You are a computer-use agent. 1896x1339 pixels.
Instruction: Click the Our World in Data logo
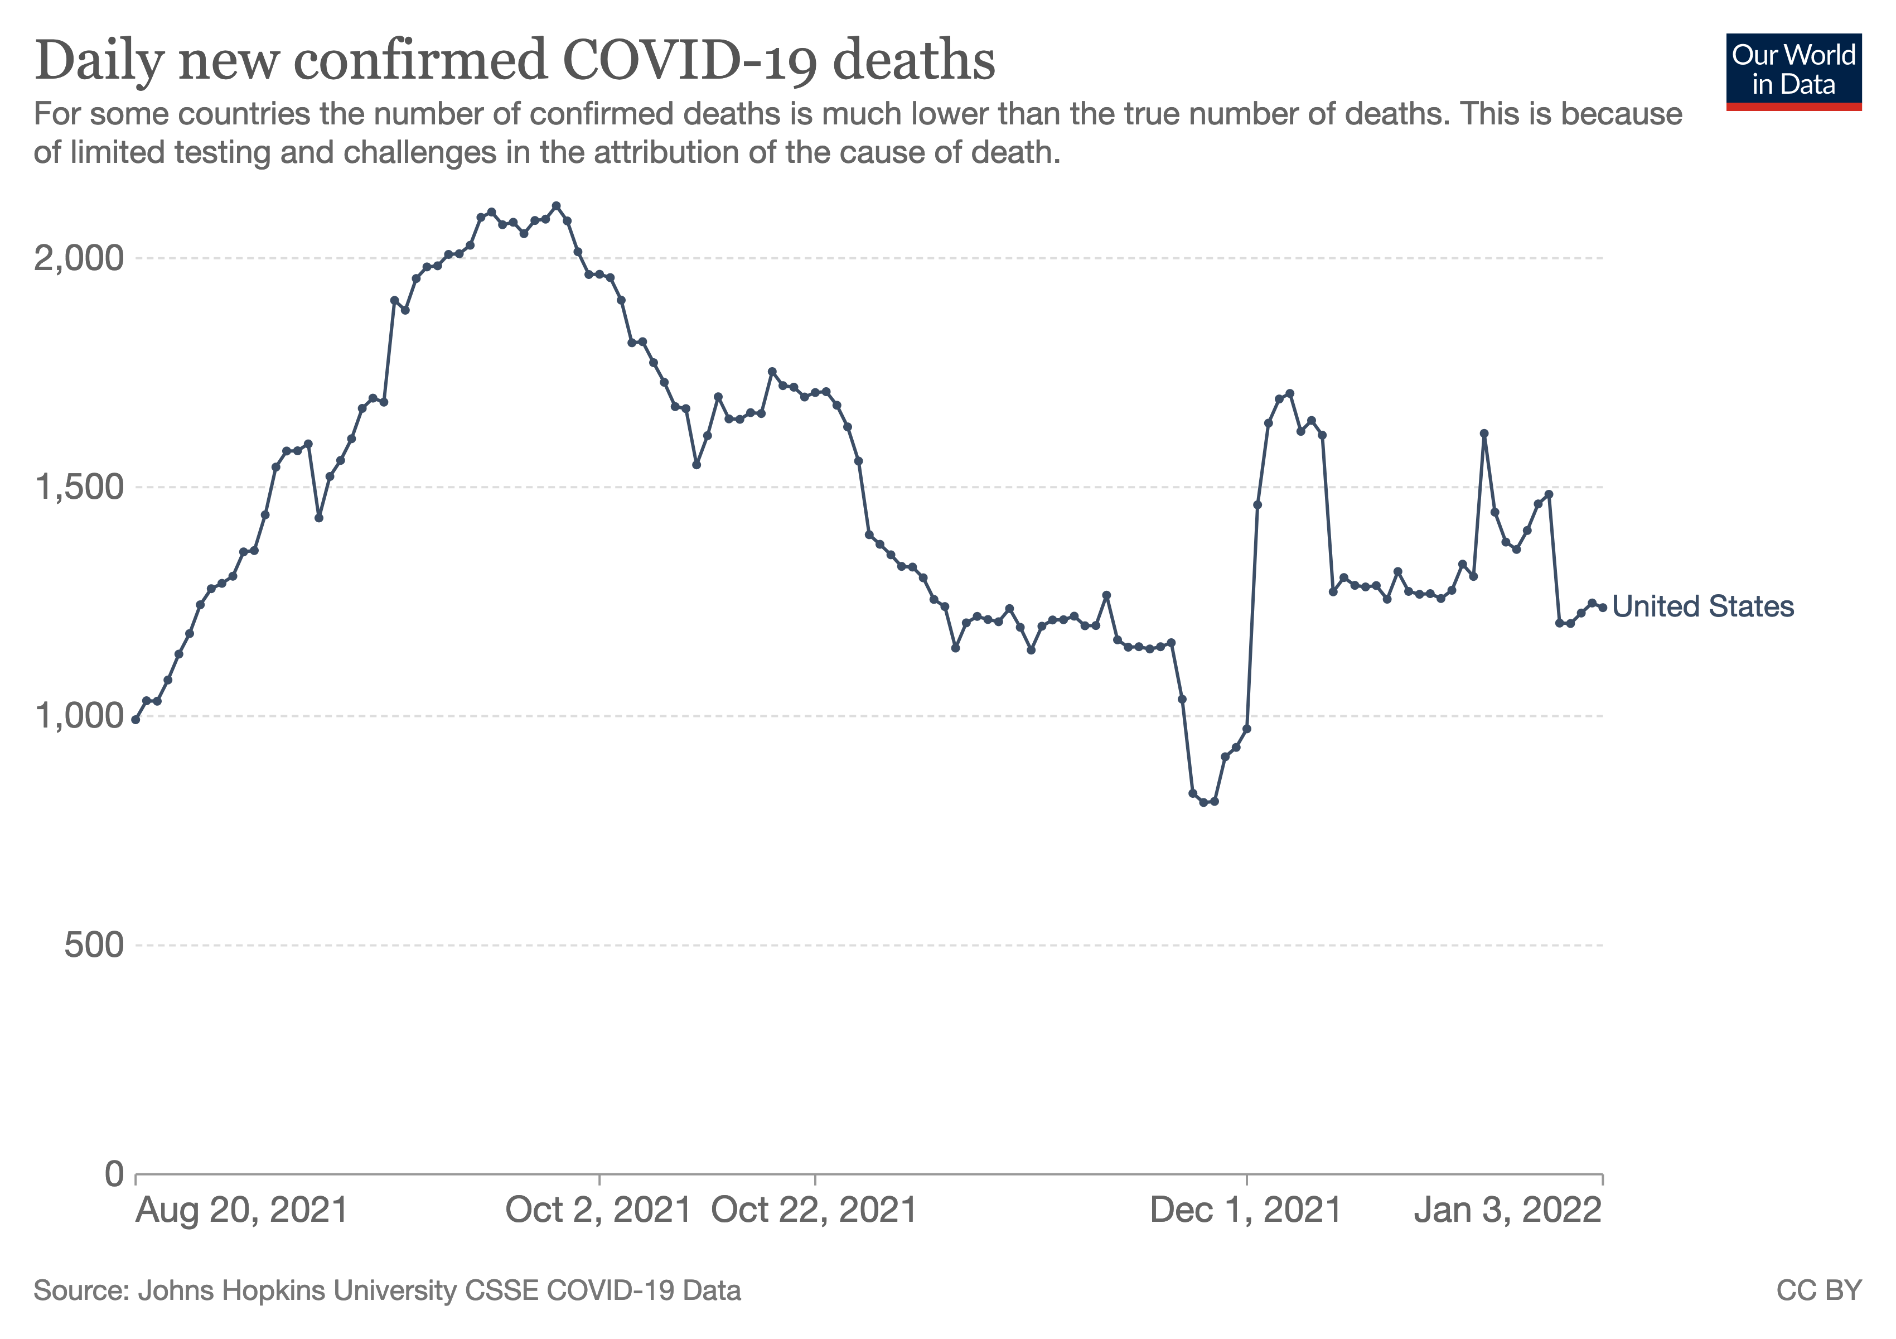pyautogui.click(x=1793, y=71)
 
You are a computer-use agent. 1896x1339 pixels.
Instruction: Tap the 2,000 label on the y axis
pyautogui.click(x=79, y=258)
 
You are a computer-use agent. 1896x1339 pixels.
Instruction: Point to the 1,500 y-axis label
pyautogui.click(x=79, y=488)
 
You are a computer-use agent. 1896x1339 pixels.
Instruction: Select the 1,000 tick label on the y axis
pyautogui.click(x=79, y=715)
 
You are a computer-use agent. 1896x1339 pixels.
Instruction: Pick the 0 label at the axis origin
pyautogui.click(x=114, y=1173)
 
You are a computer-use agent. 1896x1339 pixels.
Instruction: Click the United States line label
pyautogui.click(x=1702, y=606)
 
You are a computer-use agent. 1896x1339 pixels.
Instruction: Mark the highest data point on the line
pyautogui.click(x=556, y=206)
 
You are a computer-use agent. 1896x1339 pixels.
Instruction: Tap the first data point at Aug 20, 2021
pyautogui.click(x=136, y=720)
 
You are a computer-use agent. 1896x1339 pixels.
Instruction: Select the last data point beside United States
pyautogui.click(x=1603, y=607)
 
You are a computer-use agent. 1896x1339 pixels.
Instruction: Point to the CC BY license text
pyautogui.click(x=1818, y=1290)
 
